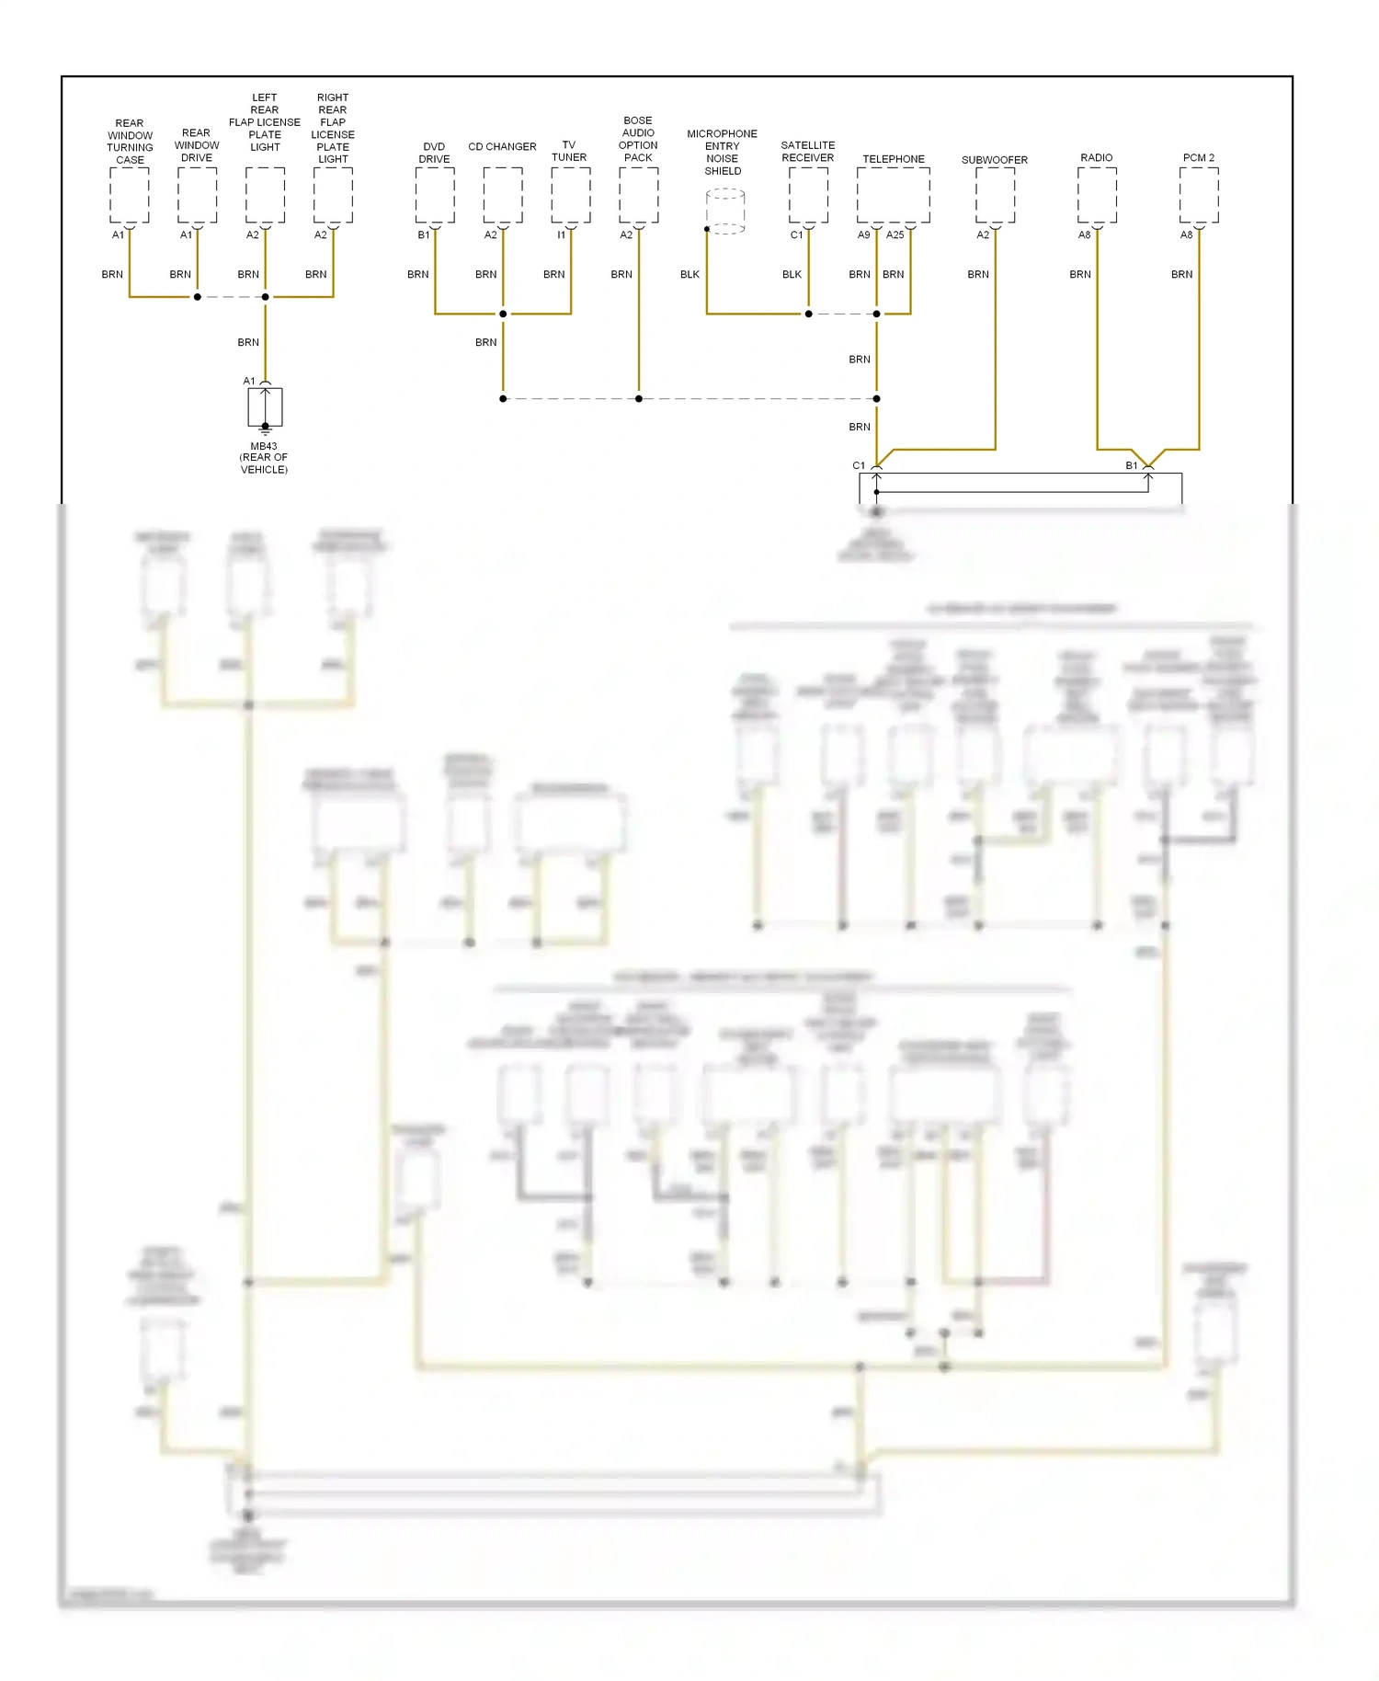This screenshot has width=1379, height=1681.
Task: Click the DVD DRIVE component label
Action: click(434, 153)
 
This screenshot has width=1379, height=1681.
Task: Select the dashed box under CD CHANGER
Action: click(503, 195)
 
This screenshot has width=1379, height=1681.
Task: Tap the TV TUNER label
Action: click(569, 151)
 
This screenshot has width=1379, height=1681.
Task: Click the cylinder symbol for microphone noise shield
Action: click(725, 212)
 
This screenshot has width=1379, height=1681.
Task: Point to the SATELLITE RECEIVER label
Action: click(808, 152)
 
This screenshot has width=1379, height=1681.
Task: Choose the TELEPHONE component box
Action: click(893, 195)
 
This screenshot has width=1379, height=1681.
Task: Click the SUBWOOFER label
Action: click(995, 160)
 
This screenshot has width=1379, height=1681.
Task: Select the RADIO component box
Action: click(1097, 195)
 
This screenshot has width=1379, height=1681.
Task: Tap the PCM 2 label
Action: click(1199, 158)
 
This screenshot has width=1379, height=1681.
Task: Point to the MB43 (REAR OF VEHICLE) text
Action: click(264, 458)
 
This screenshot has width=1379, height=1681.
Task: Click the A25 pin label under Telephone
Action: click(895, 235)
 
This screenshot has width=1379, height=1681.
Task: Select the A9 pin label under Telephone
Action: click(864, 235)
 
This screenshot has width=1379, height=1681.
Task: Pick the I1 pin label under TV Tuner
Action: click(561, 235)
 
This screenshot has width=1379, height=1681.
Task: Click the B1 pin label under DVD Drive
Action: click(424, 235)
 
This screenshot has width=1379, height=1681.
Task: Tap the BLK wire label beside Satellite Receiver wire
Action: click(792, 275)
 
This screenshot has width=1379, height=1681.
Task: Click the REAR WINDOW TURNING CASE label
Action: click(130, 142)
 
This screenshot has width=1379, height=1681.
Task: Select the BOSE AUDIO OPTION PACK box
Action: click(638, 195)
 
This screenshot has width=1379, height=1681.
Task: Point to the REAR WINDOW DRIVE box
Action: click(197, 195)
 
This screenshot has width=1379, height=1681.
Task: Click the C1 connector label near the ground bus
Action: click(859, 466)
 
